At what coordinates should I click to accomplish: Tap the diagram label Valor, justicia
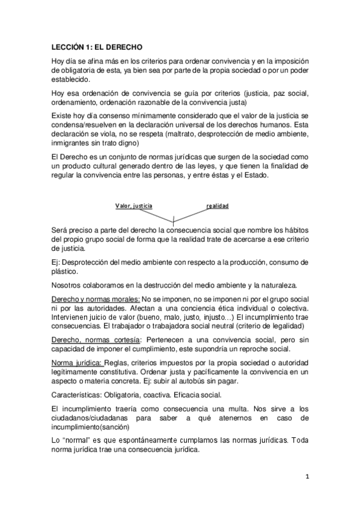[133, 206]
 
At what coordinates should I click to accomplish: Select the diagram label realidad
[217, 206]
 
